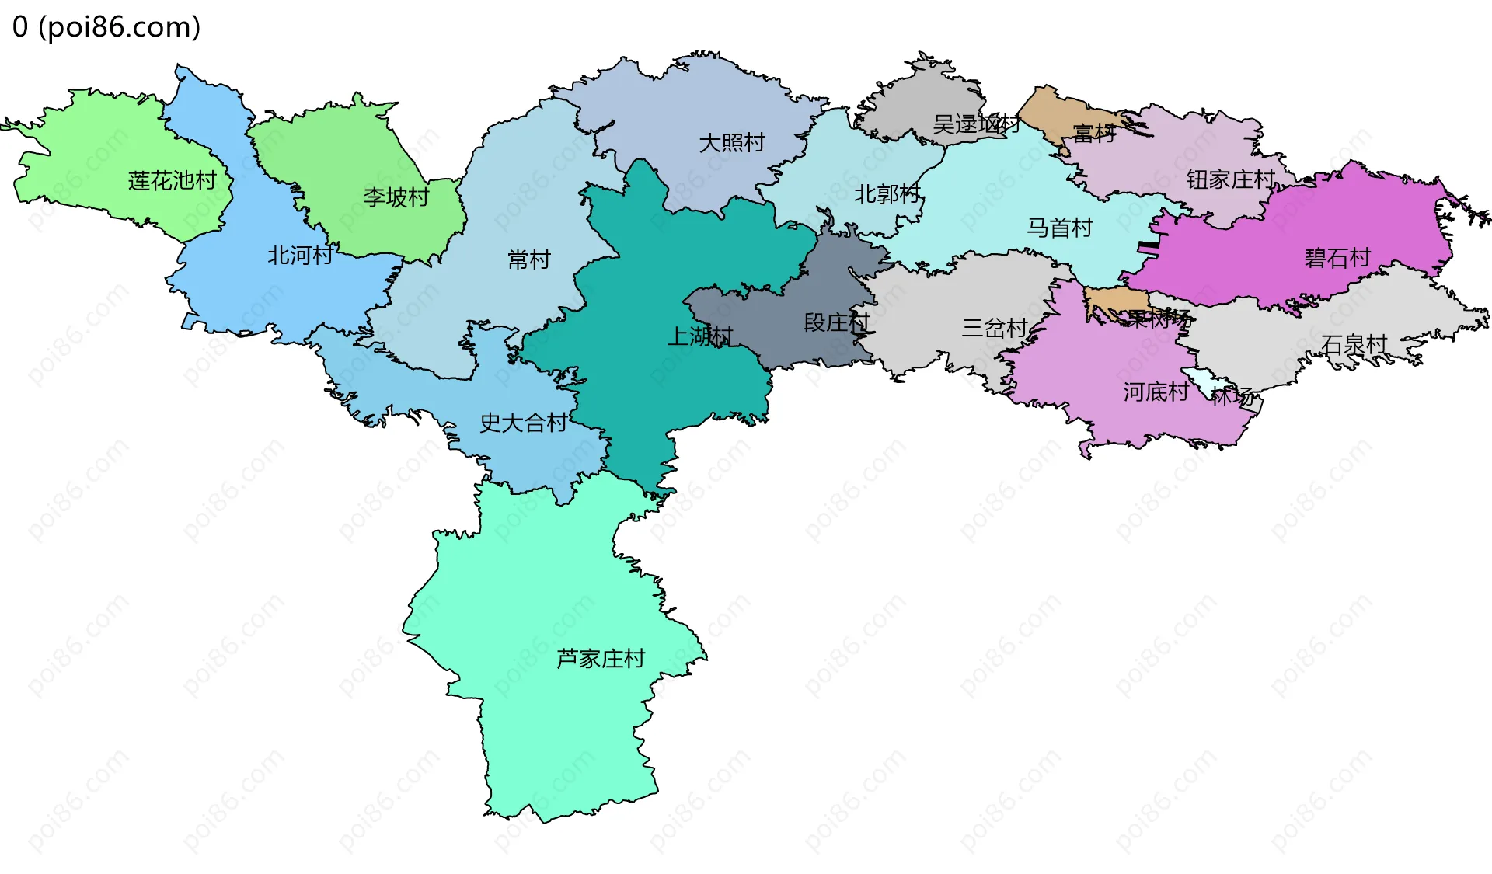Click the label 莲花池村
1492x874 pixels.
pyautogui.click(x=172, y=181)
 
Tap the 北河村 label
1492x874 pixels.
pyautogui.click(x=300, y=256)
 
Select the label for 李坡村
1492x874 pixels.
pyautogui.click(x=396, y=197)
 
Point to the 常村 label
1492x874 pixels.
pyautogui.click(x=528, y=259)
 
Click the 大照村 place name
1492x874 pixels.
pyautogui.click(x=732, y=143)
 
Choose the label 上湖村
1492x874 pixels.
pyautogui.click(x=699, y=336)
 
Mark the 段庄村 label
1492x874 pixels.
pyautogui.click(x=836, y=322)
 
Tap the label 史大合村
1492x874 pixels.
pyautogui.click(x=523, y=423)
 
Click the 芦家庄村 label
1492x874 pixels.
pyautogui.click(x=601, y=659)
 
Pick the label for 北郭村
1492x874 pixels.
pyautogui.click(x=887, y=194)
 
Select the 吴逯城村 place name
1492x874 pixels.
pyautogui.click(x=976, y=124)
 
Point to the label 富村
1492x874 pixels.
pyautogui.click(x=1094, y=134)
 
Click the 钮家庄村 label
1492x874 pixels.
pyautogui.click(x=1231, y=180)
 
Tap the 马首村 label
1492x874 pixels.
pyautogui.click(x=1060, y=228)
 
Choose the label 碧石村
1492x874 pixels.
pyautogui.click(x=1337, y=258)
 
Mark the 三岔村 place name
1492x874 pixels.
pyautogui.click(x=995, y=328)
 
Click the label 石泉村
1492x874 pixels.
pyautogui.click(x=1354, y=344)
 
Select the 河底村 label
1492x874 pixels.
pyautogui.click(x=1156, y=392)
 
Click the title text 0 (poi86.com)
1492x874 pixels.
pyautogui.click(x=106, y=27)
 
